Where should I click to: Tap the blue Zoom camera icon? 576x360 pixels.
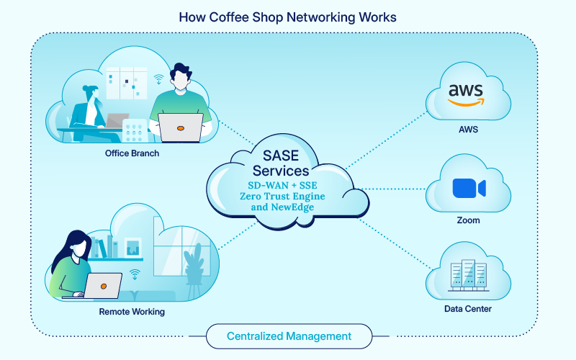pos(469,188)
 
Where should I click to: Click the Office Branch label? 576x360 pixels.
pos(132,153)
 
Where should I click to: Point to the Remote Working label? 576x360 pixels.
pos(132,312)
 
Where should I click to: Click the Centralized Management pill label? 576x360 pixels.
pos(289,336)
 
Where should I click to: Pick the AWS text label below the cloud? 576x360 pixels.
pos(468,130)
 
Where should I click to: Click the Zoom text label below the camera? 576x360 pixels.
pos(468,220)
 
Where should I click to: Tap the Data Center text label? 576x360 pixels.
pos(468,310)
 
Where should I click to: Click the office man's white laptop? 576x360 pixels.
pos(180,128)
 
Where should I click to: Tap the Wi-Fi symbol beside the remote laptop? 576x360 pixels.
pos(134,274)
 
